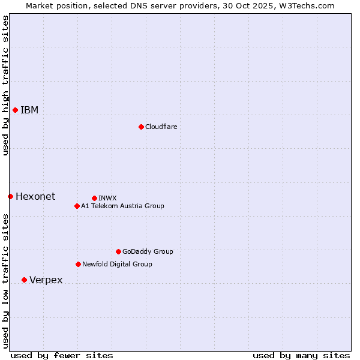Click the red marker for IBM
(x=15, y=110)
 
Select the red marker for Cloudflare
(x=141, y=127)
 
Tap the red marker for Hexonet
(x=10, y=196)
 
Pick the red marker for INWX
(x=94, y=198)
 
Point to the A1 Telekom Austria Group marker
(x=77, y=206)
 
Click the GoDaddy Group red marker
(x=118, y=251)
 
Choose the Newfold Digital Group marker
(x=78, y=264)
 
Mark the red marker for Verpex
(x=24, y=280)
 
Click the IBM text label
(x=29, y=110)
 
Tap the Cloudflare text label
(x=161, y=127)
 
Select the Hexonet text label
(x=35, y=196)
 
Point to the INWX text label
(x=107, y=198)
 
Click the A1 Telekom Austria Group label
(x=122, y=206)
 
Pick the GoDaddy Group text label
(x=148, y=251)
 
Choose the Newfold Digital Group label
(x=117, y=264)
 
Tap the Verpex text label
(x=46, y=280)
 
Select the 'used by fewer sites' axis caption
(x=62, y=355)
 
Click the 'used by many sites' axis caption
(x=301, y=355)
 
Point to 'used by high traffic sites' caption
(x=5, y=85)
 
